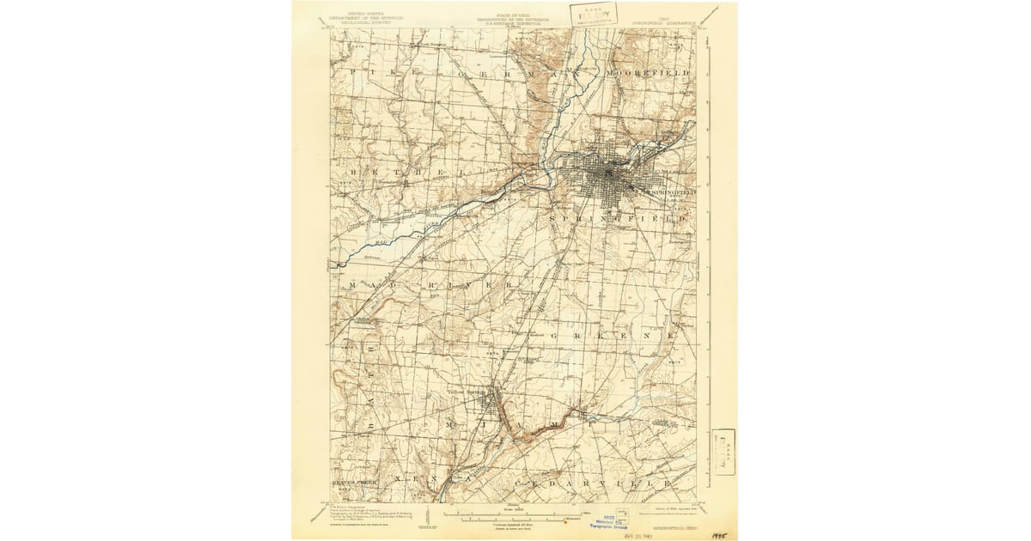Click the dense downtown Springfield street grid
[x=607, y=177]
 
